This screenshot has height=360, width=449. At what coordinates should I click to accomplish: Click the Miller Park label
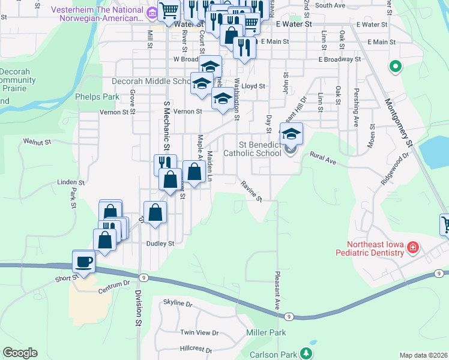266,332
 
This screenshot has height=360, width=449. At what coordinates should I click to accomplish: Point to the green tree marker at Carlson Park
307,353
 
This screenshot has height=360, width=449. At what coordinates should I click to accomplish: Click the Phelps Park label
98,96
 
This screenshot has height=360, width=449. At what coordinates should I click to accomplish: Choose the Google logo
20,353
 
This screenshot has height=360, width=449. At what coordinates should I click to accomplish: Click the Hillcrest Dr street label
196,349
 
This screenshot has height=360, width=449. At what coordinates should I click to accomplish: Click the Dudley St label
160,244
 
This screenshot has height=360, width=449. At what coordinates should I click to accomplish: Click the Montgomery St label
399,123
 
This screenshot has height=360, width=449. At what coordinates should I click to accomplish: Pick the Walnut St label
37,141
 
